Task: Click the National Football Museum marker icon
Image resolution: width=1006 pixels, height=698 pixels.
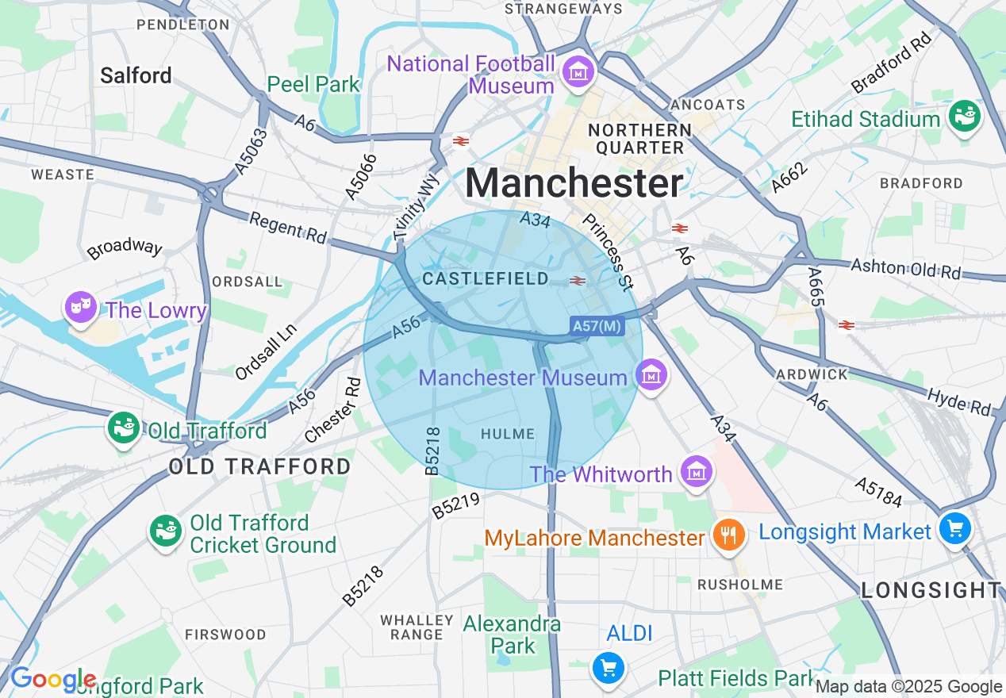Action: coord(578,72)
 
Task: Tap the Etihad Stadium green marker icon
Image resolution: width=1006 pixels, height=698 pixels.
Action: coord(965,117)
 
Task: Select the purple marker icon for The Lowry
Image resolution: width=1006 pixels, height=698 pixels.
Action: coord(81,307)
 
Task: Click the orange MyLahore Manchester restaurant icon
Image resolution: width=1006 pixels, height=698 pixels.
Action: coord(726,535)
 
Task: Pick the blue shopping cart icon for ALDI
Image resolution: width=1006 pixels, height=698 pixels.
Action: coord(609,668)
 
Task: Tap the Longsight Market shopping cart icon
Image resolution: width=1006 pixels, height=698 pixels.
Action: coord(954,528)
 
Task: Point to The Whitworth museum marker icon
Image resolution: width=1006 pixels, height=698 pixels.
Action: coord(696,472)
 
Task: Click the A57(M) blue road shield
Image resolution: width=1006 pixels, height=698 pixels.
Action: coord(596,325)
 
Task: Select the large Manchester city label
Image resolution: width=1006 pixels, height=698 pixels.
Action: coord(574,184)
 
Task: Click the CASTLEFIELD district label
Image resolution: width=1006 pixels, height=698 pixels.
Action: coord(486,279)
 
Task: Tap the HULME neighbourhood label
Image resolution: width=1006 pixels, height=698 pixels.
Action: coord(508,433)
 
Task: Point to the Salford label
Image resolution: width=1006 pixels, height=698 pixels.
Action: coord(136,75)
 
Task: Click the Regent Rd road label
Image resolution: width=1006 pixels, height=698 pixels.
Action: coord(287,226)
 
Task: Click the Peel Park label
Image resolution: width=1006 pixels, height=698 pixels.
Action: coord(313,84)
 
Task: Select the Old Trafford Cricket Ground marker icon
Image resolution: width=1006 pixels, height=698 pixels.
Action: coord(166,531)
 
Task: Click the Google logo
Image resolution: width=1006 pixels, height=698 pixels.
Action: coord(52,679)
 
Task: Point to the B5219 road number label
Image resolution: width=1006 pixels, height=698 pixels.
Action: coord(456,506)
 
